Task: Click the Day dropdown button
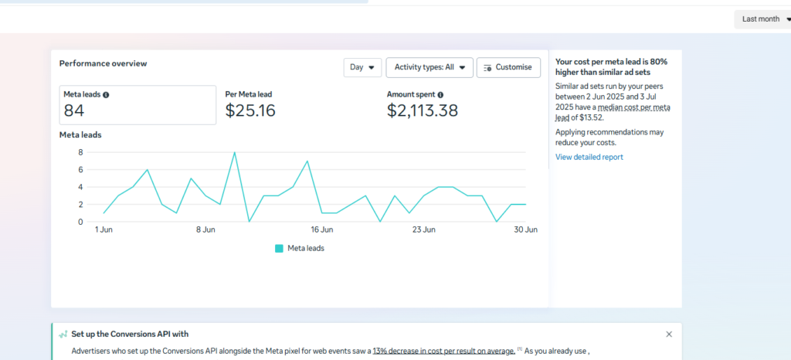pos(362,67)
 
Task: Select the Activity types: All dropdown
pos(429,67)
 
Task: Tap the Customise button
pos(508,67)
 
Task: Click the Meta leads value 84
pos(74,110)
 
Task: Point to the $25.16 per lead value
pos(250,110)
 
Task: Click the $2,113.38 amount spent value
pos(422,110)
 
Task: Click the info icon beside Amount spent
pos(440,94)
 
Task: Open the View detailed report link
pos(589,157)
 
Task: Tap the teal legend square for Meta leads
pos(279,248)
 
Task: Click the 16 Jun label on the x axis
pos(321,229)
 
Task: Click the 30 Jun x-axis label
pos(526,229)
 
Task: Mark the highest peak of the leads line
pos(234,153)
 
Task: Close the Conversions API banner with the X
pos(669,334)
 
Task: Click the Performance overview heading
pos(103,63)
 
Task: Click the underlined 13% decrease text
pos(443,351)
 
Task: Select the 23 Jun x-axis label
pos(424,229)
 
